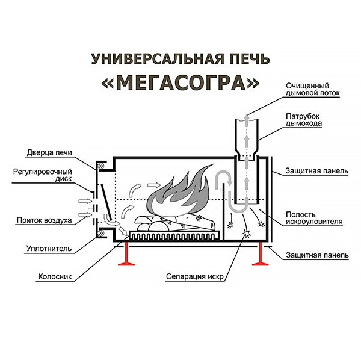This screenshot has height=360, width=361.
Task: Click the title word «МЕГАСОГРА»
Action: point(180,82)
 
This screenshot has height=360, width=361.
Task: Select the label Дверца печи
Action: point(49,152)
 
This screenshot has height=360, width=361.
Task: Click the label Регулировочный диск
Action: point(43,175)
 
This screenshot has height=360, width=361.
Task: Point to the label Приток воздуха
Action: point(44,220)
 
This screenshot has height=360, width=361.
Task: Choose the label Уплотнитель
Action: point(49,249)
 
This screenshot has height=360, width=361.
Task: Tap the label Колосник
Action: point(55,276)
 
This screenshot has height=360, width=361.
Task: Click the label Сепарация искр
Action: point(195,276)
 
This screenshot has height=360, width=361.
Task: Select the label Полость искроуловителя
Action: point(314,218)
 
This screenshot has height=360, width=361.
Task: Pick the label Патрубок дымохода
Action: point(304,120)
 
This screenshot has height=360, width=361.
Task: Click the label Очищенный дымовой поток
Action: point(312,89)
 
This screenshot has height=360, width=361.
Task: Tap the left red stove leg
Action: point(126,254)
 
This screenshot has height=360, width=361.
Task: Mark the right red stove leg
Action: point(261,254)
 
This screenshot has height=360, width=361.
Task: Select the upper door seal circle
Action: point(101,166)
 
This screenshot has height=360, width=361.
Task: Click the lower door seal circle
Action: point(101,233)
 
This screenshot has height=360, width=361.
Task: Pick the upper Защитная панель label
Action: point(316,171)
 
